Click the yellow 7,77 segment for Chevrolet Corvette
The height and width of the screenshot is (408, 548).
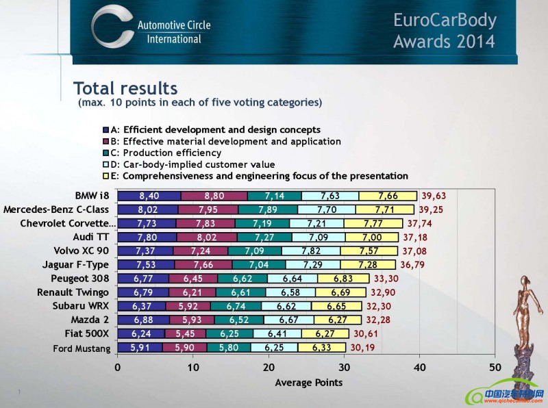point(373,223)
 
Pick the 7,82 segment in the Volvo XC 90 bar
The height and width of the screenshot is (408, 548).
point(312,251)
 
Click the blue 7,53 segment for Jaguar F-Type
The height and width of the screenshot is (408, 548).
point(146,265)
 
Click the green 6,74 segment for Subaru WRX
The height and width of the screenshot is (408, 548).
point(236,306)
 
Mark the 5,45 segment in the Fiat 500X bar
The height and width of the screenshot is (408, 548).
point(185,334)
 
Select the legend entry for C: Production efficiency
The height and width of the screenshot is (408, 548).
point(164,153)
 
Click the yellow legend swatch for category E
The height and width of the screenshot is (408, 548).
point(105,177)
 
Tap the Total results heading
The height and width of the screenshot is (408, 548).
point(125,88)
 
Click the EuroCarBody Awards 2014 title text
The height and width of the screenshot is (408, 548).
point(444,30)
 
